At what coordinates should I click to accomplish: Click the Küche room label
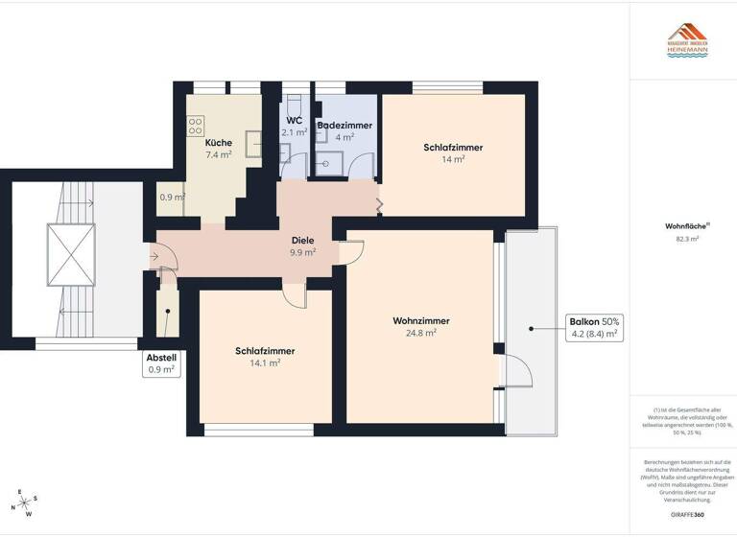pyautogui.click(x=218, y=142)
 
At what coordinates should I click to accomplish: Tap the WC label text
pyautogui.click(x=294, y=121)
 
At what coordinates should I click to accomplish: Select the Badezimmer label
pyautogui.click(x=345, y=126)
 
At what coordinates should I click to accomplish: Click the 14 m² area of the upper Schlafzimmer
pyautogui.click(x=453, y=160)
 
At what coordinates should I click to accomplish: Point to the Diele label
pyautogui.click(x=303, y=241)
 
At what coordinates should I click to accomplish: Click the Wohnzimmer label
pyautogui.click(x=421, y=320)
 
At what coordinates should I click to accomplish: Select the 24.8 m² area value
pyautogui.click(x=421, y=333)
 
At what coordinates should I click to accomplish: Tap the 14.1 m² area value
pyautogui.click(x=265, y=363)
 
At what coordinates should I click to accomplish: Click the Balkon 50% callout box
pyautogui.click(x=595, y=328)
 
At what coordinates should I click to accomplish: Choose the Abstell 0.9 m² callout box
pyautogui.click(x=161, y=363)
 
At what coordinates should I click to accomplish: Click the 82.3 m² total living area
pyautogui.click(x=687, y=241)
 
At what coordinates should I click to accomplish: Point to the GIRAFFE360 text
pyautogui.click(x=687, y=515)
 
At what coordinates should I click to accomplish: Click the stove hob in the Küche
pyautogui.click(x=197, y=125)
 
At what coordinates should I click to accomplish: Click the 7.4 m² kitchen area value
pyautogui.click(x=218, y=154)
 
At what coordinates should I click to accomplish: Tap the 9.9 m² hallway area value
pyautogui.click(x=303, y=253)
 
